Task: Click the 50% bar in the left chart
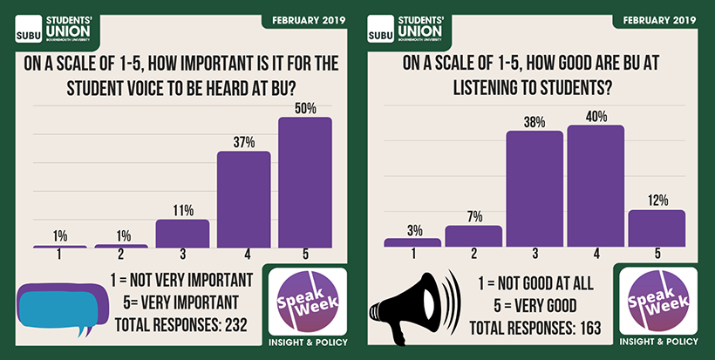(x=304, y=182)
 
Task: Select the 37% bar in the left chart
(x=243, y=200)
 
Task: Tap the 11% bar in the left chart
(x=182, y=234)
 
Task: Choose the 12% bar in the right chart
(x=657, y=228)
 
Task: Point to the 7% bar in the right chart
(x=473, y=236)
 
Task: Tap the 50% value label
(x=304, y=109)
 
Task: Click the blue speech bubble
(x=55, y=307)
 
